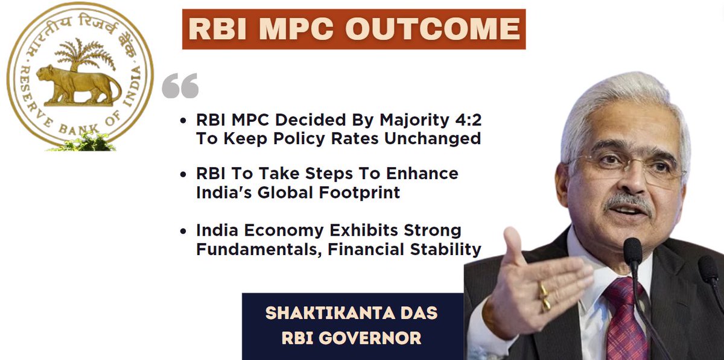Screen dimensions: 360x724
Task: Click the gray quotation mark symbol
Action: [180, 86]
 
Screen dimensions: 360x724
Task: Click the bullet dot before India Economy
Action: [183, 232]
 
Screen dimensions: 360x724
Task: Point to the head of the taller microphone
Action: [632, 252]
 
